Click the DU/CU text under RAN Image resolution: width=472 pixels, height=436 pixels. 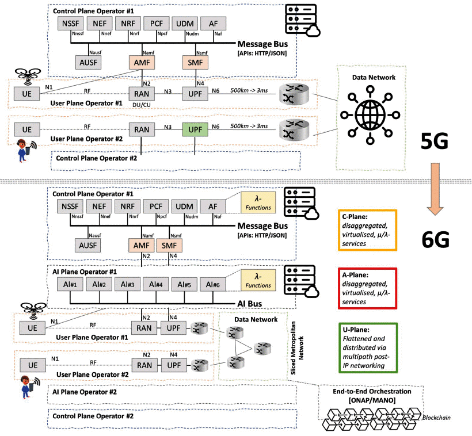tap(140, 105)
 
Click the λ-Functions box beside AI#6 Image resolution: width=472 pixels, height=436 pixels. tap(259, 281)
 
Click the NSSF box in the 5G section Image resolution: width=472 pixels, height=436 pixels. tap(71, 24)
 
